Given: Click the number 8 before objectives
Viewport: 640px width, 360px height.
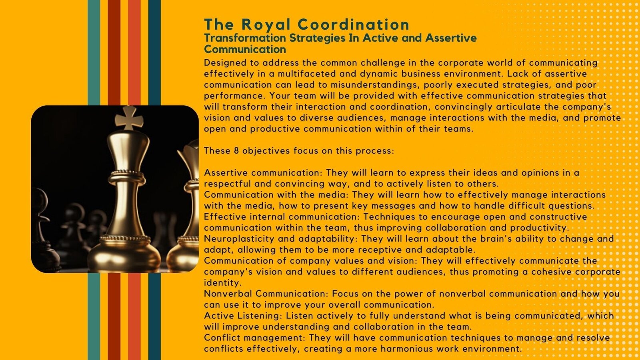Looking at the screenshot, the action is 236,150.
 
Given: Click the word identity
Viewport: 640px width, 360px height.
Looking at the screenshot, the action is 223,283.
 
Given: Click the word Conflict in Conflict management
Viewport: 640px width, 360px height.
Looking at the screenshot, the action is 222,338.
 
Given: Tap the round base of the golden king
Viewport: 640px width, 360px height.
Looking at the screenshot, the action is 124,255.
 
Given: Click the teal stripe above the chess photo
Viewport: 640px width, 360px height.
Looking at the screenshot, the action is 94,52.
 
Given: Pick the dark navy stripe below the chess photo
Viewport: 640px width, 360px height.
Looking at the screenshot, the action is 154,316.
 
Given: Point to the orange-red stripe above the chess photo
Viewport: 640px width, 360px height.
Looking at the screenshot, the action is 134,52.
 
